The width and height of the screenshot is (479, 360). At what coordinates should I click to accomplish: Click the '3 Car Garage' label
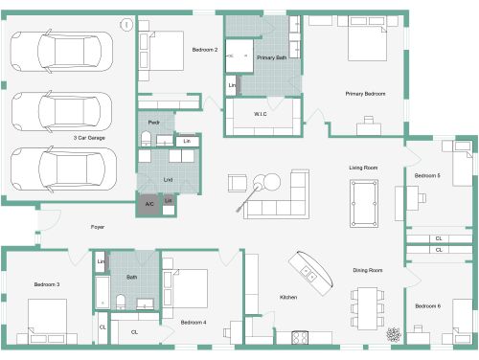pyautogui.click(x=90, y=138)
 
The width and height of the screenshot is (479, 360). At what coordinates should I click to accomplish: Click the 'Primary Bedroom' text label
pyautogui.click(x=366, y=93)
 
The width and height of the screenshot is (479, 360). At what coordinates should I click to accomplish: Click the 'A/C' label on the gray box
pyautogui.click(x=149, y=204)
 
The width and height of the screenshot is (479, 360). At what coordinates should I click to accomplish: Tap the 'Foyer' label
pyautogui.click(x=98, y=227)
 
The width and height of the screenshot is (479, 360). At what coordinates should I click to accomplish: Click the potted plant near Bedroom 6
pyautogui.click(x=394, y=334)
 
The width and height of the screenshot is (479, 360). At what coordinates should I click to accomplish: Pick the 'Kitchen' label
pyautogui.click(x=288, y=298)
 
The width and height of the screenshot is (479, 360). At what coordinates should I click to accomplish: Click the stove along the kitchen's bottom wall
pyautogui.click(x=297, y=336)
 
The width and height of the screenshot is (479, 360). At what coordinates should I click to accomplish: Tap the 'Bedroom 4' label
pyautogui.click(x=194, y=322)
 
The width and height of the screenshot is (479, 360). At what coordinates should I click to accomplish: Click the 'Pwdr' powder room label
pyautogui.click(x=153, y=123)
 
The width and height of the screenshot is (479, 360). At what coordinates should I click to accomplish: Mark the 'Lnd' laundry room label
pyautogui.click(x=169, y=179)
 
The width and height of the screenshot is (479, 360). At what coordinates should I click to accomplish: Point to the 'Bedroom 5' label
pyautogui.click(x=427, y=176)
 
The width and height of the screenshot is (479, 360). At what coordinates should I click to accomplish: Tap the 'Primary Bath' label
pyautogui.click(x=271, y=57)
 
